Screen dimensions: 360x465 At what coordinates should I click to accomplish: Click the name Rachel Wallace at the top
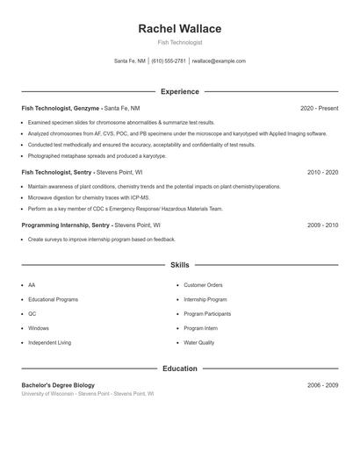[x=180, y=29]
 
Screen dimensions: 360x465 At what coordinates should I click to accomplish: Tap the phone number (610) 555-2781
[x=169, y=61]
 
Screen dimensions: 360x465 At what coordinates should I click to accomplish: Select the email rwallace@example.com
[x=219, y=61]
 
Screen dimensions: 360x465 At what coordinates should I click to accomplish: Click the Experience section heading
[x=180, y=91]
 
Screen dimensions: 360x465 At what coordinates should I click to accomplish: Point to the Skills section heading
[x=180, y=265]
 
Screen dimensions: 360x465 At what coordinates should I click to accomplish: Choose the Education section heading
[x=180, y=368]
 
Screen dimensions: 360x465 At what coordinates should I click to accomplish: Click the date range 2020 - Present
[x=319, y=109]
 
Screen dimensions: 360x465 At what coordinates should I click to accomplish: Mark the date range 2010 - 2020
[x=322, y=173]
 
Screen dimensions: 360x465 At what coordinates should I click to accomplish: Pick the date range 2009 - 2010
[x=322, y=225]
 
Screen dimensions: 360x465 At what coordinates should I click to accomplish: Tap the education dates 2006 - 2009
[x=322, y=385]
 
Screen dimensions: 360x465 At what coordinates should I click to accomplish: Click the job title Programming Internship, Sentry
[x=66, y=225]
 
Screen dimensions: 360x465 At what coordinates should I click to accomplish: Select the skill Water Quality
[x=198, y=343]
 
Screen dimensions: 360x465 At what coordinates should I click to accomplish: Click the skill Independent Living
[x=49, y=343]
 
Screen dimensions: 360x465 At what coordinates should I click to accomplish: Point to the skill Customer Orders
[x=203, y=285]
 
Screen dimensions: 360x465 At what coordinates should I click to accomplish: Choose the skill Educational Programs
[x=53, y=299]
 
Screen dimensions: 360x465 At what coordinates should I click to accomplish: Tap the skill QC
[x=32, y=314]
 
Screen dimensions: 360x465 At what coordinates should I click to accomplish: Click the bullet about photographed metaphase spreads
[x=97, y=155]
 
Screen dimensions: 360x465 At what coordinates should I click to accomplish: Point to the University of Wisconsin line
[x=88, y=394]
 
